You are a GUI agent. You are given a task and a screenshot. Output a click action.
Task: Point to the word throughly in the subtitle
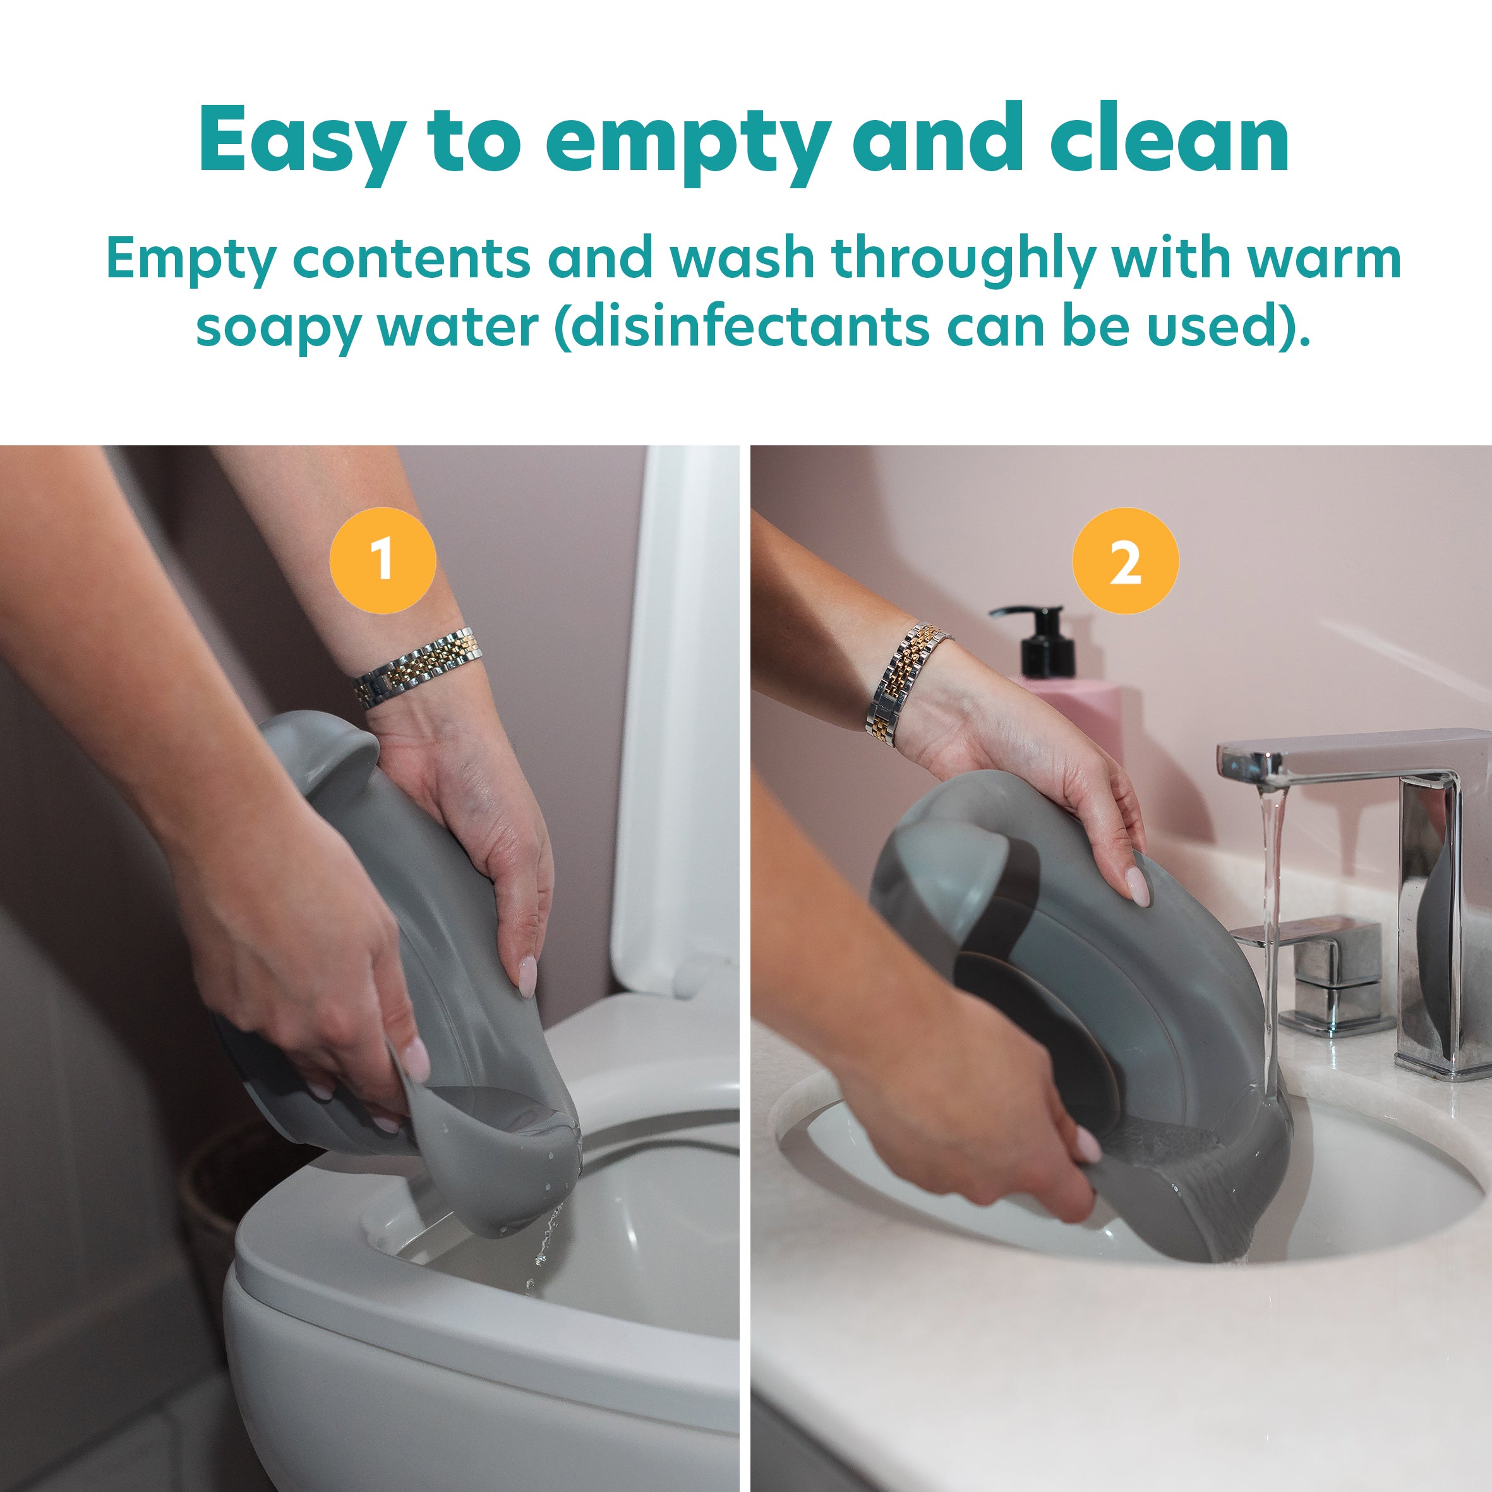coord(963,260)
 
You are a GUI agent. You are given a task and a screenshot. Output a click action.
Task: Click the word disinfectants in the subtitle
coord(742,327)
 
